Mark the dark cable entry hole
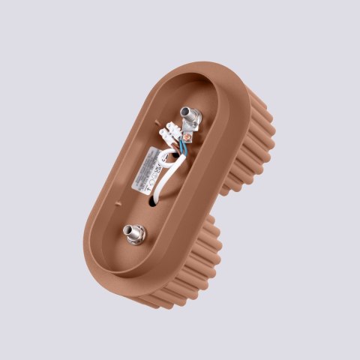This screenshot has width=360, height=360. click(x=154, y=199)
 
